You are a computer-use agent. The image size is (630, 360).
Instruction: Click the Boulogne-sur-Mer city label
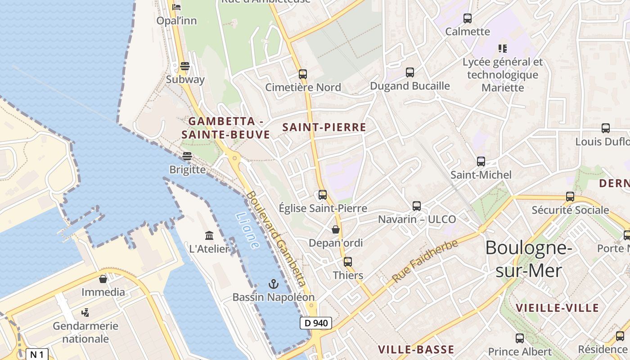click(x=529, y=259)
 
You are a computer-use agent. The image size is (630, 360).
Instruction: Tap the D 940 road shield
click(x=316, y=323)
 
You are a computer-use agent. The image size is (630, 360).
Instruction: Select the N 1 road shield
click(x=36, y=354)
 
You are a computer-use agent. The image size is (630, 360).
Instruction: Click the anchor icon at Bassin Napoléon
click(x=273, y=283)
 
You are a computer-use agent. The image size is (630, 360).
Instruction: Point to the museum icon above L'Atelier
click(x=209, y=235)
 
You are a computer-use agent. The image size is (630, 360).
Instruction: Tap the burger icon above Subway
click(x=184, y=66)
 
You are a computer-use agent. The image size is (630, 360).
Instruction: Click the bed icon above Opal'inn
click(x=176, y=7)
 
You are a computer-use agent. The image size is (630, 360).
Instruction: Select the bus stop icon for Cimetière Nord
click(x=303, y=74)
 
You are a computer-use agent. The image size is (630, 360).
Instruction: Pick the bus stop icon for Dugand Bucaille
click(x=410, y=72)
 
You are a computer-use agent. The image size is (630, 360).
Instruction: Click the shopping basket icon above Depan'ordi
click(x=336, y=229)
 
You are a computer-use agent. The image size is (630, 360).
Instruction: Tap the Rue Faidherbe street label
click(x=425, y=261)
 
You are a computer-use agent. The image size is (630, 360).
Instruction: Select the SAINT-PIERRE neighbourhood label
click(x=324, y=127)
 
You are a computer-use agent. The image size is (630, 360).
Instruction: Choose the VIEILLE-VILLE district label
click(x=557, y=308)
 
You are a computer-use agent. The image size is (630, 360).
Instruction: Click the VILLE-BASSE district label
click(x=416, y=350)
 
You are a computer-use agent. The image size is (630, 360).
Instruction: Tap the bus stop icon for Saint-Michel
click(x=481, y=161)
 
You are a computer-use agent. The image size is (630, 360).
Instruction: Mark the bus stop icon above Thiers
click(x=348, y=261)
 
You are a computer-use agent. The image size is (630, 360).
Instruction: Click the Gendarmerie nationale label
click(x=85, y=332)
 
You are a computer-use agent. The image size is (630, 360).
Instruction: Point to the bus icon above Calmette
click(x=468, y=18)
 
